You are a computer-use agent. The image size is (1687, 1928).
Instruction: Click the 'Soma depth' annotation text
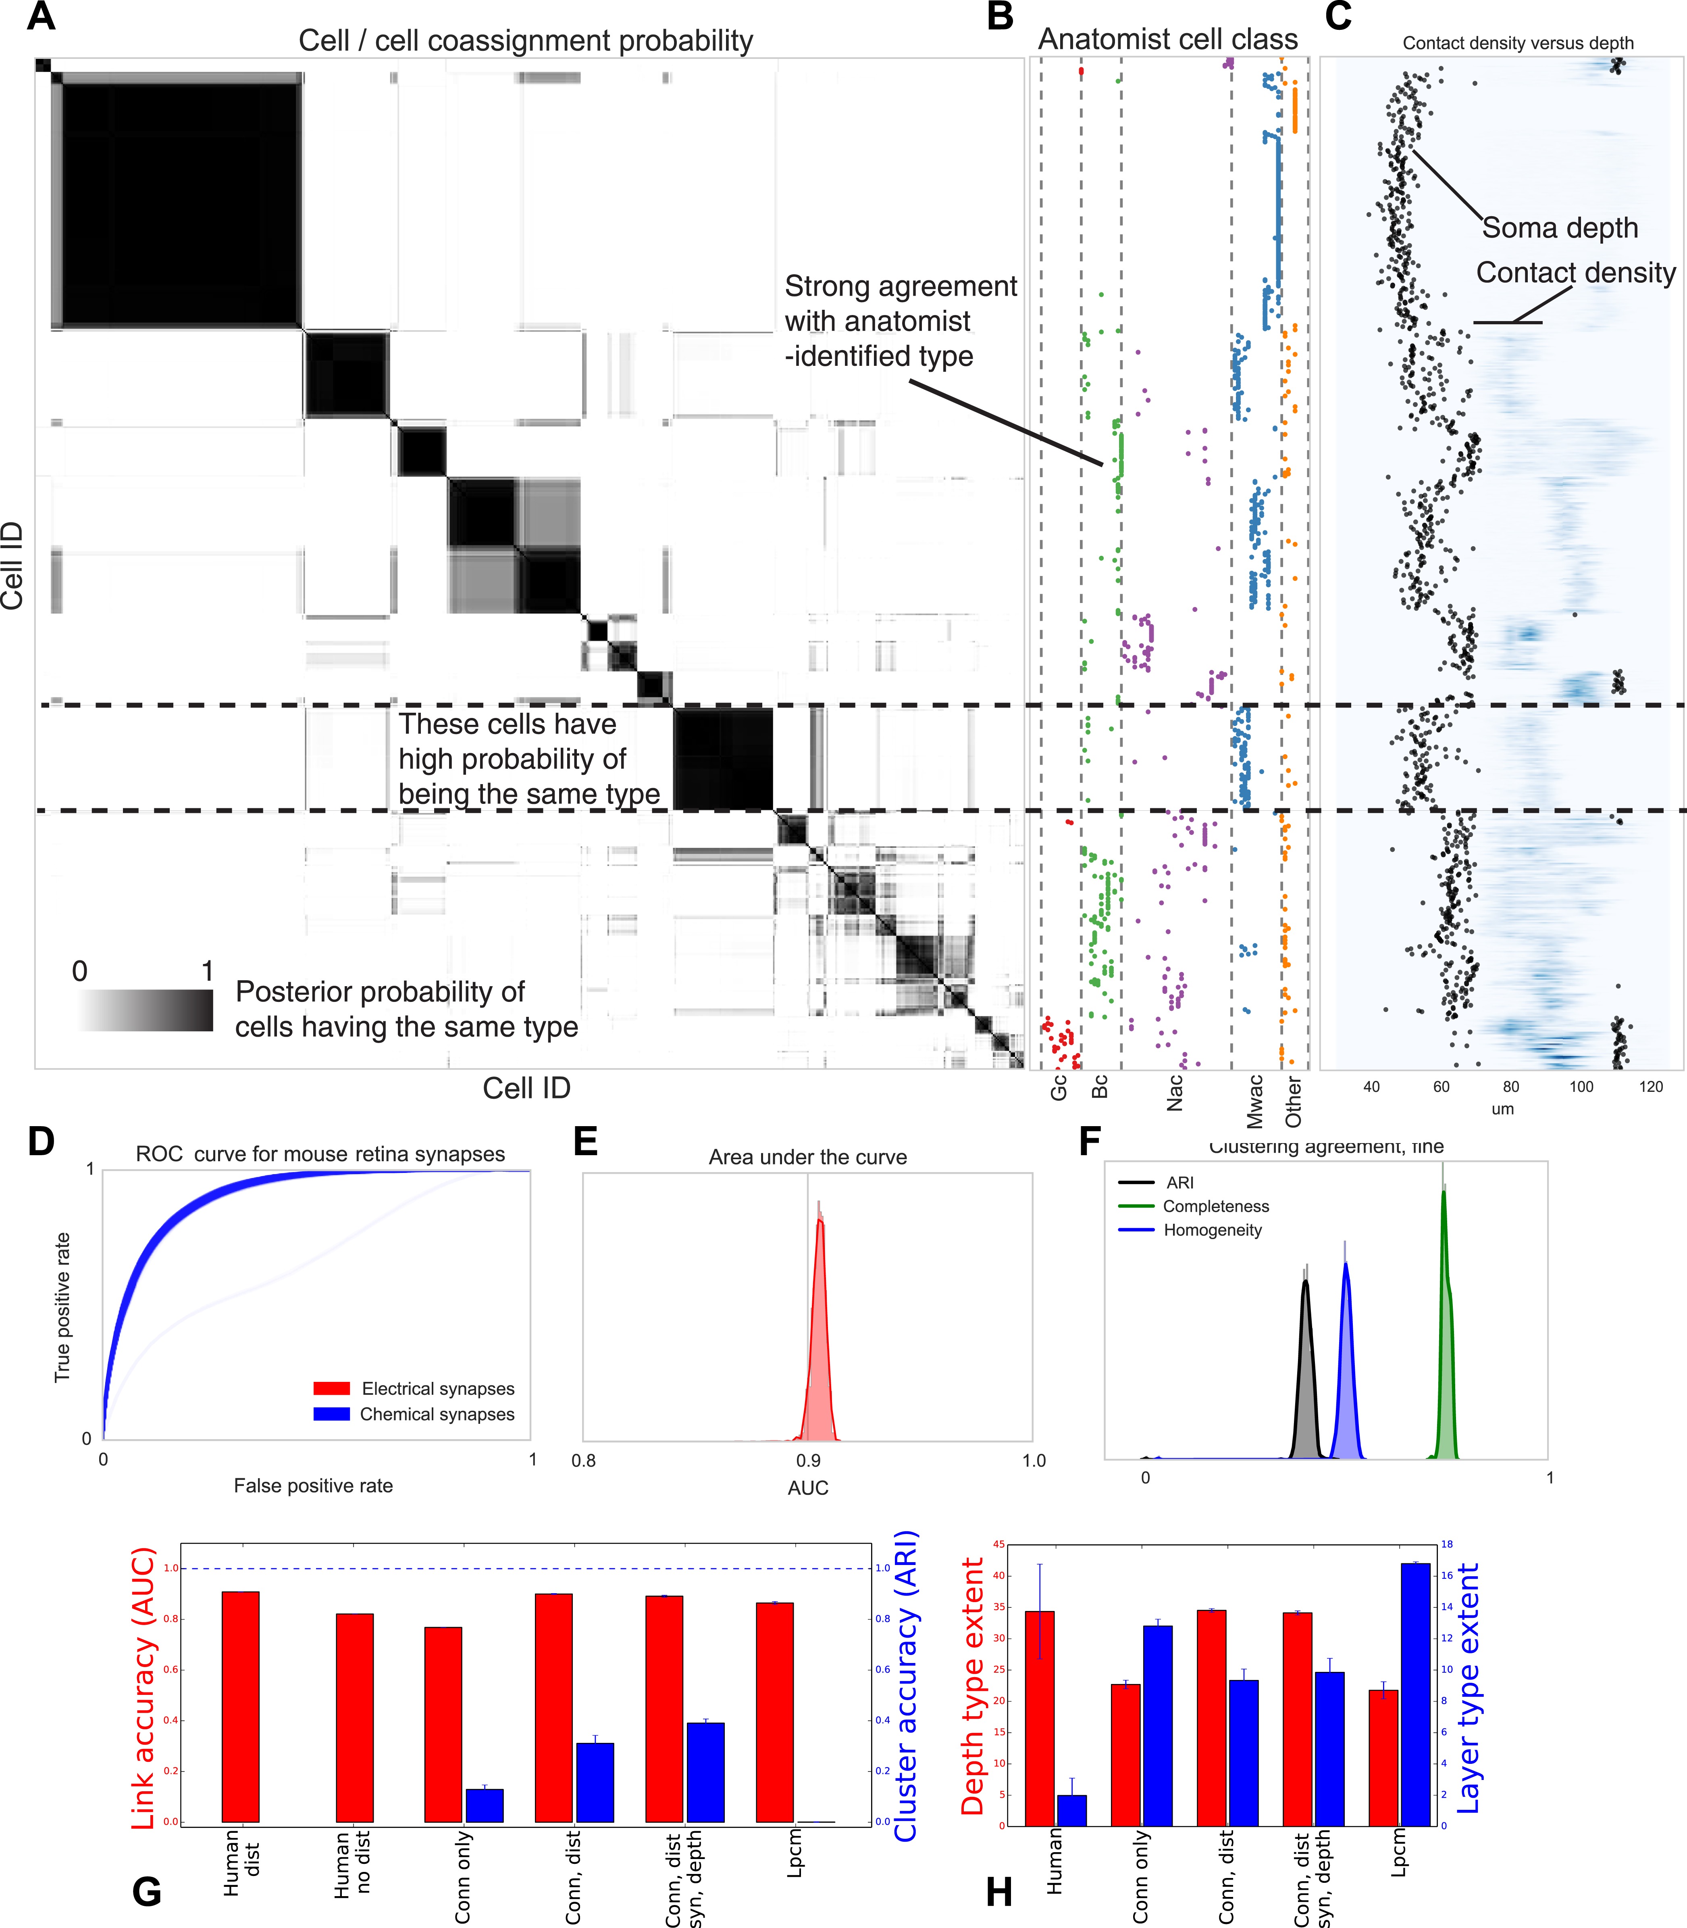coord(1560,228)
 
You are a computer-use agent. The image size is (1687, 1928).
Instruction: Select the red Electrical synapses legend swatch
coord(331,1388)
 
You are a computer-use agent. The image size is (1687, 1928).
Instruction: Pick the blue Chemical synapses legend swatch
coord(331,1414)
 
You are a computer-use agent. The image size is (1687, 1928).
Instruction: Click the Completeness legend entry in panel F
coord(1215,1206)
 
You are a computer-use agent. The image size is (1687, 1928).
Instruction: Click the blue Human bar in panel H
coord(1071,1809)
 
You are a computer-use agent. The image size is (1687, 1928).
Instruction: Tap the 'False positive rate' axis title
coord(314,1485)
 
